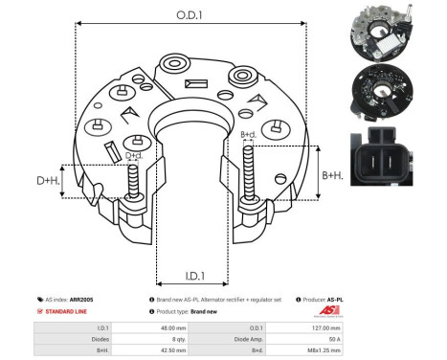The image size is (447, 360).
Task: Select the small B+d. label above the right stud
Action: [247, 135]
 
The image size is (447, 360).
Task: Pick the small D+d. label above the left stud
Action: [135, 155]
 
